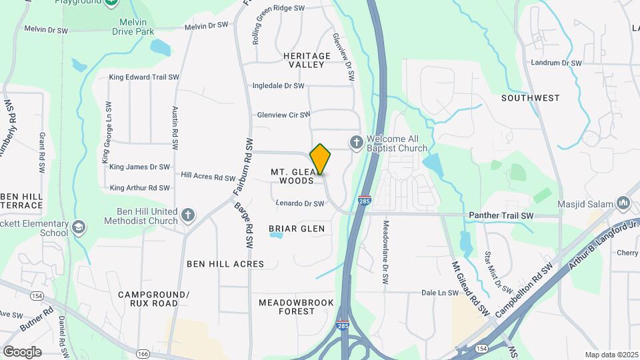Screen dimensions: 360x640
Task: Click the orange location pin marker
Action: [320, 159]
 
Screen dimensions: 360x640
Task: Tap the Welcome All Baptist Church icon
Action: [357, 142]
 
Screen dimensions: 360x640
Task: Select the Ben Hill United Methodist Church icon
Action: [189, 215]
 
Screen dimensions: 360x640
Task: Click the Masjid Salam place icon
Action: [623, 202]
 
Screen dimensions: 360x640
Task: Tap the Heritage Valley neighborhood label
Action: [307, 60]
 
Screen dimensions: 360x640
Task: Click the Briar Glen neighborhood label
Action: [297, 229]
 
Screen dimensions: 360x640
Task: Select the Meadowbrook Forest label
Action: [296, 307]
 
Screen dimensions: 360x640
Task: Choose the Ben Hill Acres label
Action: [225, 264]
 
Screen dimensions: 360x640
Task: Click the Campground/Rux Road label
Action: [154, 299]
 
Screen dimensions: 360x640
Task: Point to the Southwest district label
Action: [531, 98]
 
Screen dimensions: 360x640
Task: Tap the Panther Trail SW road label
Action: [501, 216]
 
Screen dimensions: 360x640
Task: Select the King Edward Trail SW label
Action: [144, 77]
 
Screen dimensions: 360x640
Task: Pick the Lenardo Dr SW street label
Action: [299, 203]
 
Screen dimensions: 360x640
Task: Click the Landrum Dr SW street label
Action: [557, 63]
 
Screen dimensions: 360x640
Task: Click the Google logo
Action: [22, 352]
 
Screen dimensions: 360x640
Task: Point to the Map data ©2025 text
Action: [611, 355]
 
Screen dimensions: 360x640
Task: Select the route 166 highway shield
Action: [143, 353]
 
